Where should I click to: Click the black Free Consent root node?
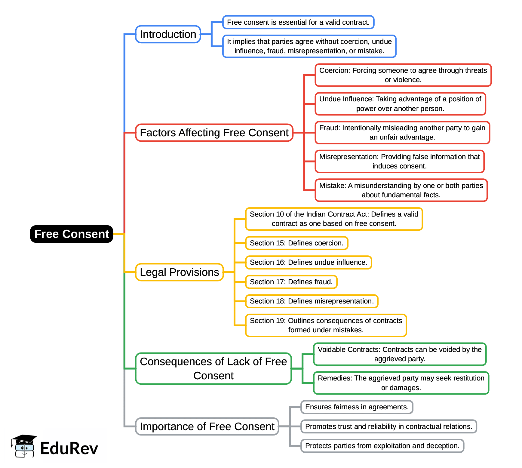[72, 234]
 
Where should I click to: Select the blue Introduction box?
[168, 34]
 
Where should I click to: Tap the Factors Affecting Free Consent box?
[214, 133]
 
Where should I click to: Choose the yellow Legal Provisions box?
[179, 272]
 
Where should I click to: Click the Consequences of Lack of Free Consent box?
[213, 368]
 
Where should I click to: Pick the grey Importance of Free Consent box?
[207, 426]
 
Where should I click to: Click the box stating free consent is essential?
[298, 22]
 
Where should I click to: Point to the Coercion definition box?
[403, 75]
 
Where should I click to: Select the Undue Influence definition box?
[400, 104]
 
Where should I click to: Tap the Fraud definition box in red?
[402, 133]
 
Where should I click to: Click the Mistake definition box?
[401, 190]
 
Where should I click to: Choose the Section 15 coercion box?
[296, 243]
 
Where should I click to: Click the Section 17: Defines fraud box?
[291, 282]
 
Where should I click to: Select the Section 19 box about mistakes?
[326, 325]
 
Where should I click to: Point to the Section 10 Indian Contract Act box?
[334, 219]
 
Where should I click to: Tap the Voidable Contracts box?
[399, 354]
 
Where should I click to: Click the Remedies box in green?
[401, 383]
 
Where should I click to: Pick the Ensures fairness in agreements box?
[357, 407]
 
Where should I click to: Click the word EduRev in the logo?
[69, 448]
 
